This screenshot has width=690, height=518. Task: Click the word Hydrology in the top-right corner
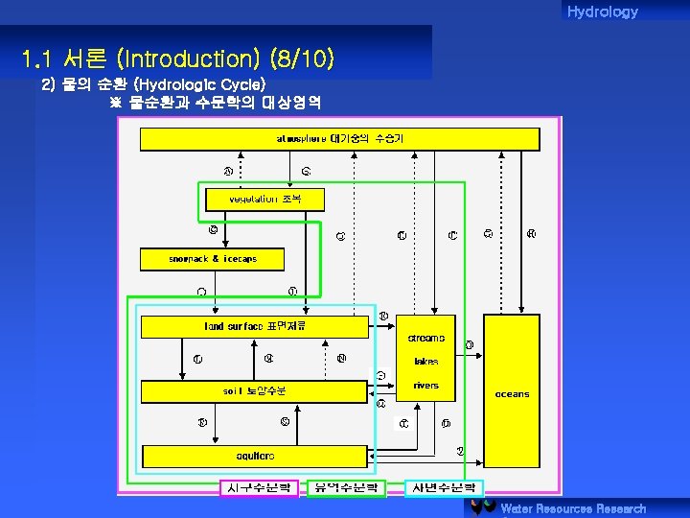point(602,12)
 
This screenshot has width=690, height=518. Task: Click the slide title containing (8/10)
point(178,59)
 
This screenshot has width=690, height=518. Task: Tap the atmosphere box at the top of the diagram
point(340,139)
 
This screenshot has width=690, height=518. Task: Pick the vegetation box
point(265,200)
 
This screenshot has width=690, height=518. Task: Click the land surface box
point(254,327)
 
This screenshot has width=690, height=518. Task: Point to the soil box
point(254,391)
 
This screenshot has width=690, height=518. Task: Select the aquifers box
point(255,456)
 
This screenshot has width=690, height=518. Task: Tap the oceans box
point(512,393)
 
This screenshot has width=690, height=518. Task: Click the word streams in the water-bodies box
point(426,338)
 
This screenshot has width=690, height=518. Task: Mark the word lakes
point(426,362)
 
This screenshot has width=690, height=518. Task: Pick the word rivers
point(426,386)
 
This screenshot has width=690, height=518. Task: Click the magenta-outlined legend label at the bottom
point(260,488)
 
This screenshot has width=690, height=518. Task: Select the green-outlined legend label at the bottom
point(346,488)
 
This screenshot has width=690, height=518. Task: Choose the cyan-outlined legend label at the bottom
point(444,488)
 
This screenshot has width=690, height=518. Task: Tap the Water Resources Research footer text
point(573,508)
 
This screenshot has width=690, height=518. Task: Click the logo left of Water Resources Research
point(482,507)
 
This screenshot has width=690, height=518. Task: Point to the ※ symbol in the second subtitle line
point(116,102)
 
